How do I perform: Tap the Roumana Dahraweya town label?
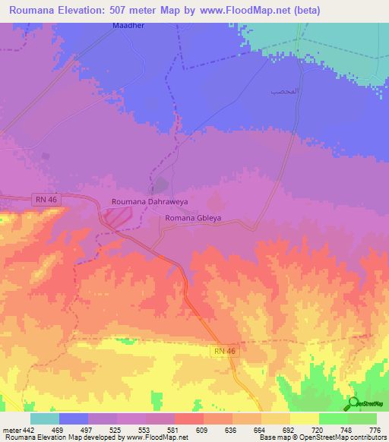149,202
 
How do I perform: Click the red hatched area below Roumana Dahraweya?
118,217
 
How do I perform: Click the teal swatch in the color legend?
45,418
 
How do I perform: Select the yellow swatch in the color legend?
304,418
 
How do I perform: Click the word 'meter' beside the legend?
11,431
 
